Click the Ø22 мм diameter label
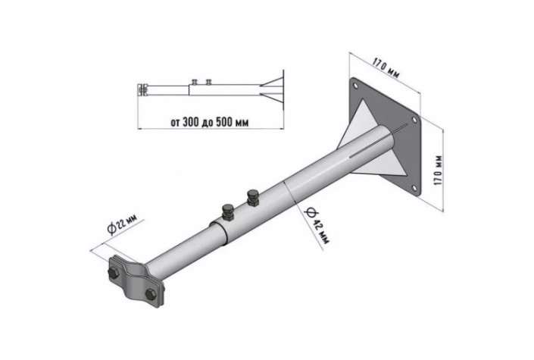point(122,224)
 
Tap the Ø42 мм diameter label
point(317,225)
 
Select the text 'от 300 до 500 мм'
point(210,122)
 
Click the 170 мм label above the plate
point(386,68)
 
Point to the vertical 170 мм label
point(439,170)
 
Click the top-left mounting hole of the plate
point(355,86)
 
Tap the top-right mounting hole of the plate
point(414,120)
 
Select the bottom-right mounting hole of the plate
point(414,188)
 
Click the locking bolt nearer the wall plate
point(253,197)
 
